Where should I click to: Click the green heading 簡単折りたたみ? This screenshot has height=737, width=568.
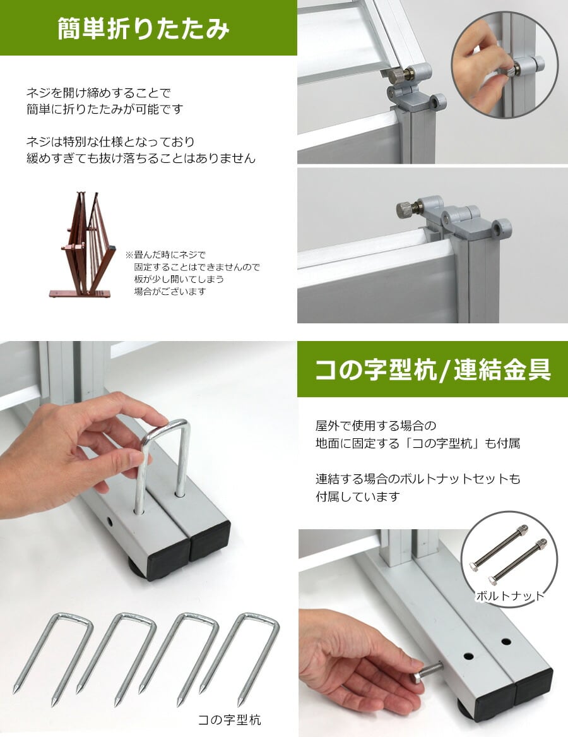[x=143, y=28]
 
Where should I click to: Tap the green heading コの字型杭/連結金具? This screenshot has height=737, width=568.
[x=432, y=369]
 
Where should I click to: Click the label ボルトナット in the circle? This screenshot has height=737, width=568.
[x=510, y=596]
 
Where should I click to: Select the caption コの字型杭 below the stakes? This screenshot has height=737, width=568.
[x=229, y=719]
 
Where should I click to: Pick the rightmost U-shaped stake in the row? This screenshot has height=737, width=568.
[x=240, y=658]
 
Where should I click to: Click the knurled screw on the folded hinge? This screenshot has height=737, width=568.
[x=405, y=208]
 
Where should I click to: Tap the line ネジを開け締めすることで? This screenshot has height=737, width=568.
[x=98, y=93]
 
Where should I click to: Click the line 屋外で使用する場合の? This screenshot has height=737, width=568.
[x=376, y=426]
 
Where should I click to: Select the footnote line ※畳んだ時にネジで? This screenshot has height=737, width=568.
[x=165, y=255]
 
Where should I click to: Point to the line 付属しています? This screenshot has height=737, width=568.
[x=358, y=496]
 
